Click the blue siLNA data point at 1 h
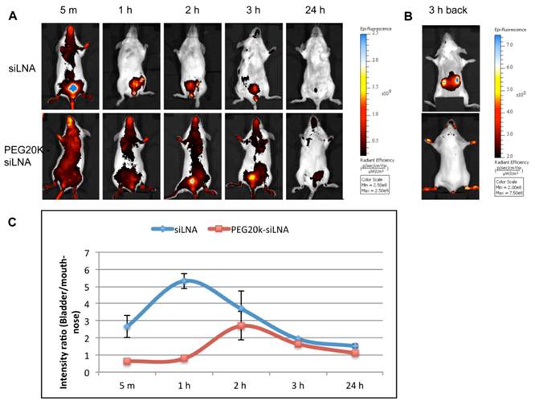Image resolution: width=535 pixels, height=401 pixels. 186,281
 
